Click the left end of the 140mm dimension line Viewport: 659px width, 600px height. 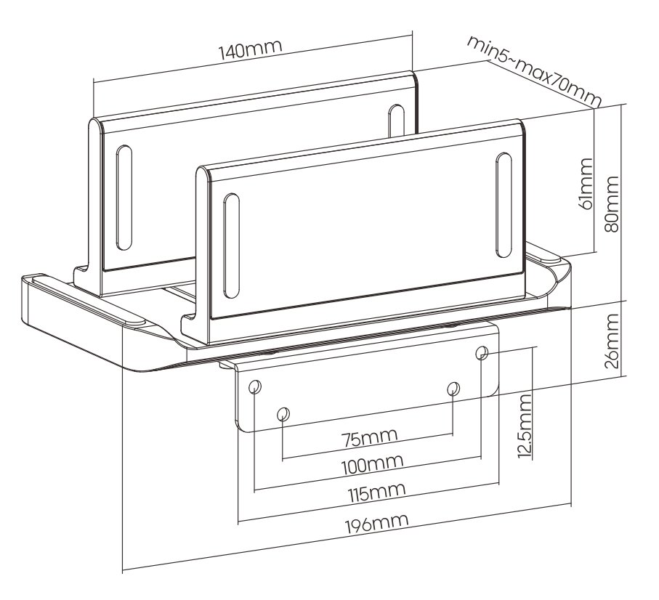pyautogui.click(x=93, y=81)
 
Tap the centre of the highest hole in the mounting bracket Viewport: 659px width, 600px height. pyautogui.click(x=482, y=352)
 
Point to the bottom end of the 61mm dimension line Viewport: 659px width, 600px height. pyautogui.click(x=595, y=253)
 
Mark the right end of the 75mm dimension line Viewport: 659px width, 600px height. pyautogui.click(x=453, y=435)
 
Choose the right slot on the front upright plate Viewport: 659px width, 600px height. pyautogui.click(x=504, y=205)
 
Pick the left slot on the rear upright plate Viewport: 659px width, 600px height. pyautogui.click(x=124, y=198)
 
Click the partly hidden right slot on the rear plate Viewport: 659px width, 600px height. pyautogui.click(x=396, y=120)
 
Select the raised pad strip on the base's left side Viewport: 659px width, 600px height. pyautogui.click(x=89, y=300)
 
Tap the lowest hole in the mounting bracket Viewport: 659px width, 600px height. pyautogui.click(x=283, y=414)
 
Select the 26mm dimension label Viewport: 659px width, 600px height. pyautogui.click(x=612, y=341)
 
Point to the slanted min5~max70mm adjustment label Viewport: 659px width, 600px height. pyautogui.click(x=535, y=71)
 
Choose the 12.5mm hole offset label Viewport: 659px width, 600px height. pyautogui.click(x=525, y=426)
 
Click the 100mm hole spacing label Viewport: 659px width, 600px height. pyautogui.click(x=373, y=464)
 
